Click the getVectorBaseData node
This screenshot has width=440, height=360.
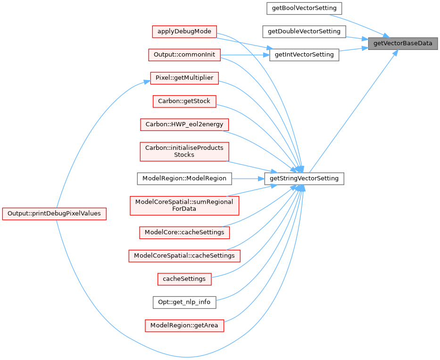403,43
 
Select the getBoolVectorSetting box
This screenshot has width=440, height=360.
304,8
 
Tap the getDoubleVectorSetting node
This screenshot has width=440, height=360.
304,32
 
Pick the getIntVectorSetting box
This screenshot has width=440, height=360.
304,55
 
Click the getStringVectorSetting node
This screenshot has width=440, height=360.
304,179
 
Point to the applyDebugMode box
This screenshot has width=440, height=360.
184,32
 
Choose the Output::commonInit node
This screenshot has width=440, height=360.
184,55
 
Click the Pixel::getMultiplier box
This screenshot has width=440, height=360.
184,78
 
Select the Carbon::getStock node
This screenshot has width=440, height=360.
184,101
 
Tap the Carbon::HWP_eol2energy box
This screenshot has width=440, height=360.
184,124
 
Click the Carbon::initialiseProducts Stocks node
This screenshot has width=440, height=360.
184,151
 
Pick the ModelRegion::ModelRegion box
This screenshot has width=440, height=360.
184,179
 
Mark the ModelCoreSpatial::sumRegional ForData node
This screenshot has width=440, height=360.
184,205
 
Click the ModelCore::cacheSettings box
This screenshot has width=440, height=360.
184,232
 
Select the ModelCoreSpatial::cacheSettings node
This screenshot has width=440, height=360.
184,255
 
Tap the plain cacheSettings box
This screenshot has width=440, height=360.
184,279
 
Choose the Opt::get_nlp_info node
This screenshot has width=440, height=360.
184,302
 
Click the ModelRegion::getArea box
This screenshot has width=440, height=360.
184,325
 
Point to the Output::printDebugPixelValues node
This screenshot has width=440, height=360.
54,213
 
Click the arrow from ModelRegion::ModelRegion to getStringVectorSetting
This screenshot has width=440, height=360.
248,179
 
